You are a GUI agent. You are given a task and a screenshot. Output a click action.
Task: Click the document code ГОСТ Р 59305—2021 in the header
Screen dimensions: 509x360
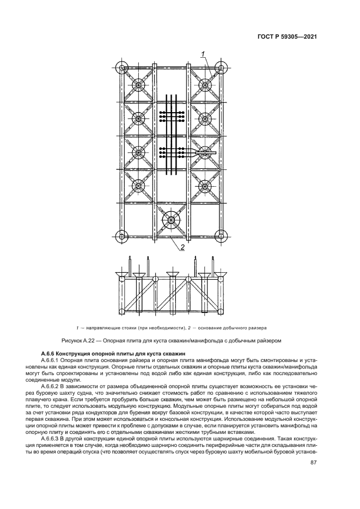click(x=288, y=37)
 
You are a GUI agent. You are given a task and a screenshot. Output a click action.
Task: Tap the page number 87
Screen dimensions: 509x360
click(x=314, y=463)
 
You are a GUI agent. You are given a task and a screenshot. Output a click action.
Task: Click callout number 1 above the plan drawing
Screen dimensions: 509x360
click(x=203, y=53)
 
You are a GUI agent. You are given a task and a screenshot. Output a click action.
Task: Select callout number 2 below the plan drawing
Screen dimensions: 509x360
click(x=182, y=247)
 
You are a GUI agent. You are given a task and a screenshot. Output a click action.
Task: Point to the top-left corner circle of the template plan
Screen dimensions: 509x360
click(x=122, y=68)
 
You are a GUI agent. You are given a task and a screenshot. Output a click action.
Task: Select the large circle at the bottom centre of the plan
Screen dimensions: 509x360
click(x=172, y=220)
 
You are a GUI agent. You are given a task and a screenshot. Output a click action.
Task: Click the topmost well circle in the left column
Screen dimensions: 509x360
click(x=138, y=85)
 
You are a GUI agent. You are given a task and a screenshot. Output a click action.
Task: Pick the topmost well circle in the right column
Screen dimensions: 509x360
click(x=205, y=85)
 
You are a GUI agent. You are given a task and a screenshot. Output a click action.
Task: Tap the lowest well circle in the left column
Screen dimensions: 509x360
click(x=138, y=187)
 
